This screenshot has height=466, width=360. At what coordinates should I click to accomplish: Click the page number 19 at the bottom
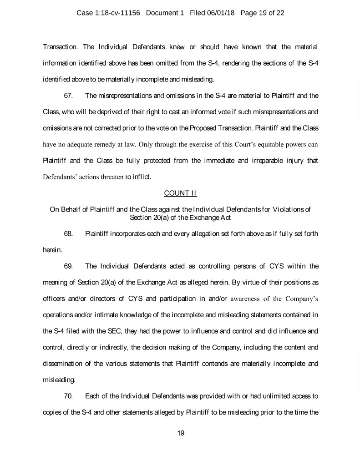[180, 433]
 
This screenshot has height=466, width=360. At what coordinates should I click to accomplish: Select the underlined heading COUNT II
[180, 193]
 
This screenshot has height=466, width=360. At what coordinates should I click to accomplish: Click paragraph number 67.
[69, 96]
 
